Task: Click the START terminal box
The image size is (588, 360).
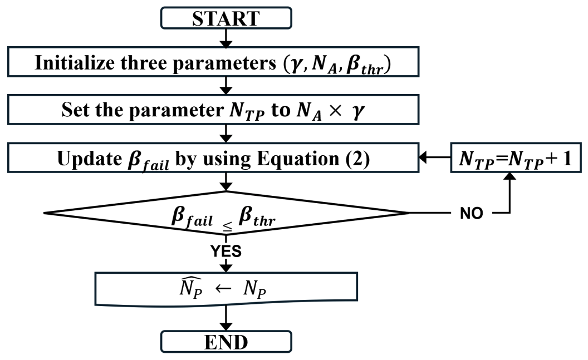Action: click(226, 18)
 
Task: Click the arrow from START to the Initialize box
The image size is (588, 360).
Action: click(226, 38)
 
